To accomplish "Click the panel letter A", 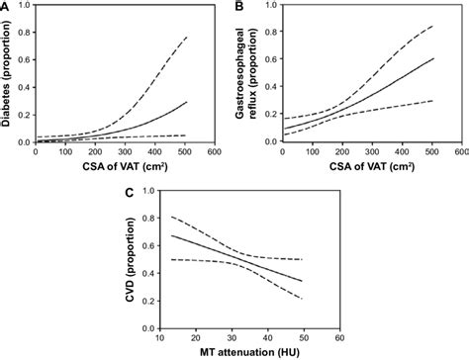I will click(7, 7).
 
